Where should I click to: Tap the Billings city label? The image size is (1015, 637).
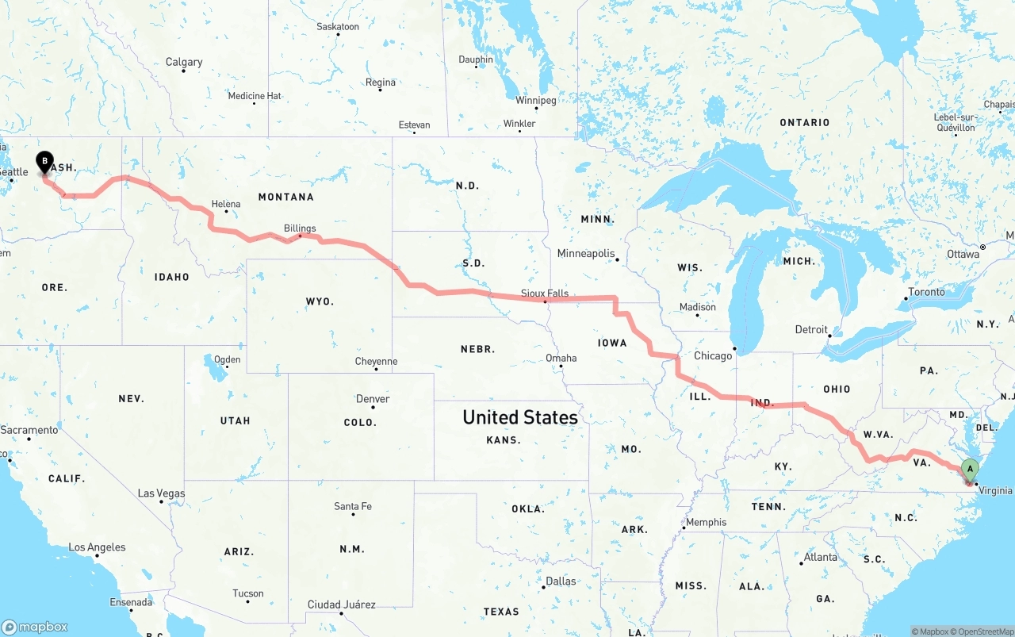click(300, 228)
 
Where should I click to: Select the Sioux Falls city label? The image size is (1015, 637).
click(544, 293)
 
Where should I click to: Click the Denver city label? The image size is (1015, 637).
click(373, 398)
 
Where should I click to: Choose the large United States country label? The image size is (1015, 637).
click(519, 417)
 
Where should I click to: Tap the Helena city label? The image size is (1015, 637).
click(226, 204)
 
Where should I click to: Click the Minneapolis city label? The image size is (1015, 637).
click(585, 253)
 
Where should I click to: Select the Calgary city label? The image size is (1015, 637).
click(184, 62)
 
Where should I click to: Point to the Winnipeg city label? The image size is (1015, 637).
click(536, 100)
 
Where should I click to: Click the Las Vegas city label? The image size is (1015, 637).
click(161, 493)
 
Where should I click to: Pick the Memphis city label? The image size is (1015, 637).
click(706, 522)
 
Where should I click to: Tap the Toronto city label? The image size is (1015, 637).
click(926, 292)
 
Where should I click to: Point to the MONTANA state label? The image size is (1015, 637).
click(285, 197)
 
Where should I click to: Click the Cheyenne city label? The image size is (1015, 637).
click(376, 362)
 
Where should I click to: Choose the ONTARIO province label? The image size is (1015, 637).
click(804, 122)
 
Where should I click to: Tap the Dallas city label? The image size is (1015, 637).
click(561, 581)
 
